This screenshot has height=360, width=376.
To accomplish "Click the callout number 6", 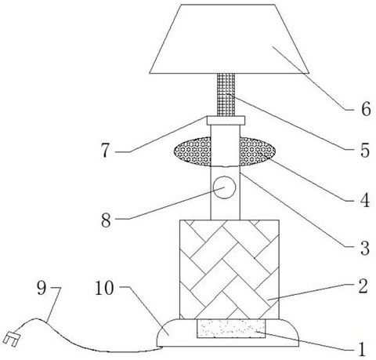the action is [x=366, y=109].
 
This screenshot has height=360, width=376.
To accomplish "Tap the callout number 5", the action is [x=365, y=151].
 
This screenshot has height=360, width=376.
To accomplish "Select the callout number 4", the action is [x=365, y=200].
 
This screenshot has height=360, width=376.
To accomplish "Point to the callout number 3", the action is [x=365, y=248].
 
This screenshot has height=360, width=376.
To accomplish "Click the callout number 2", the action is [x=363, y=285].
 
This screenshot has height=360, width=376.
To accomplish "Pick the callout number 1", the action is [x=362, y=350].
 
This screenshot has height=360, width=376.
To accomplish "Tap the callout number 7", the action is [x=105, y=151].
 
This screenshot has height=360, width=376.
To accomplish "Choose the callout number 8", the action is [x=106, y=220].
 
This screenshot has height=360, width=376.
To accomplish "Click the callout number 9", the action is [x=42, y=288].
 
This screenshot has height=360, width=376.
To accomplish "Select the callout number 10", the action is [x=104, y=288].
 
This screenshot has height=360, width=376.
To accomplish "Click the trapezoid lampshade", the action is [x=230, y=38].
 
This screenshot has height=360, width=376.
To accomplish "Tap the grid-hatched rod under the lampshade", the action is [x=226, y=95].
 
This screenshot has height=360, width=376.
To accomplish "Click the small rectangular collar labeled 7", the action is [x=226, y=121].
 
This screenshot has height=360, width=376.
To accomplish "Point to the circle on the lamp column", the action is [x=224, y=187].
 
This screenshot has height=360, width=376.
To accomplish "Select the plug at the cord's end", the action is [x=12, y=339].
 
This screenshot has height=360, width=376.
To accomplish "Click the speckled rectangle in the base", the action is [x=231, y=329].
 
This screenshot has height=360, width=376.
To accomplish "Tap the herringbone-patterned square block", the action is [x=230, y=270].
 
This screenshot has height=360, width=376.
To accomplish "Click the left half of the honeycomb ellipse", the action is [x=193, y=151].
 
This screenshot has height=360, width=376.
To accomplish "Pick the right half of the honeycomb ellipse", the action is [x=258, y=151].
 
